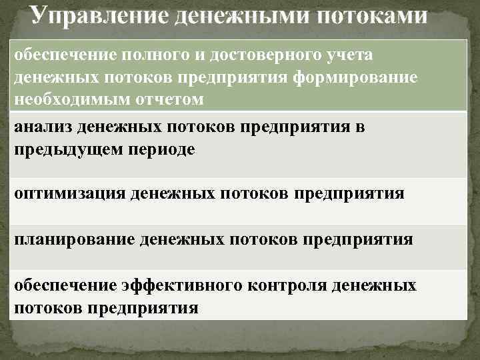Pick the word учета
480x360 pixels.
[349, 57]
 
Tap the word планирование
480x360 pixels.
[74, 239]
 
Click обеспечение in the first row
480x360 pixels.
[66, 57]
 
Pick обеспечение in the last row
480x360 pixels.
[66, 286]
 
